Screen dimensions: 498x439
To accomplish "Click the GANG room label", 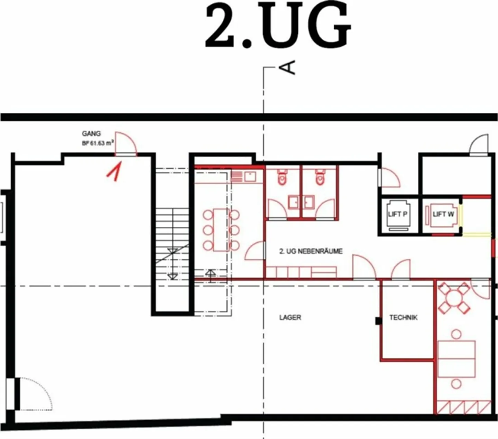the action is pyautogui.click(x=91, y=134).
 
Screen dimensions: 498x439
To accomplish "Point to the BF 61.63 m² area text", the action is pyautogui.click(x=98, y=143).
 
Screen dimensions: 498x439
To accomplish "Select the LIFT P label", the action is pyautogui.click(x=397, y=214).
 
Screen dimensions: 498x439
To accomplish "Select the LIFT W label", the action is pyautogui.click(x=443, y=214).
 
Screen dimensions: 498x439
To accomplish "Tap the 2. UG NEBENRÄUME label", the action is pyautogui.click(x=311, y=251).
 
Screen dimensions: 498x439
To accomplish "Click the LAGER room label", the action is pyautogui.click(x=290, y=317).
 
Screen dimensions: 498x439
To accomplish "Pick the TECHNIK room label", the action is pyautogui.click(x=403, y=317).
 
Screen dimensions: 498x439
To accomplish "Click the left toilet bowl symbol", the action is pyautogui.click(x=282, y=177).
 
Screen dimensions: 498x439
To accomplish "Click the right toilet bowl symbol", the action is pyautogui.click(x=320, y=177).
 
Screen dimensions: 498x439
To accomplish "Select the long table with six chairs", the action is pyautogui.click(x=221, y=230).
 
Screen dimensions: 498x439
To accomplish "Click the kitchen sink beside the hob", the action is pyautogui.click(x=250, y=176).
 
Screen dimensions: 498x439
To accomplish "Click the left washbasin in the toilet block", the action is pyautogui.click(x=294, y=202).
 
